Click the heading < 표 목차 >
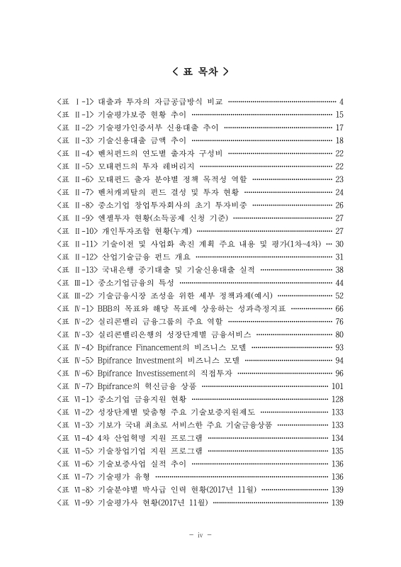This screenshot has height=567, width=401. (200, 71)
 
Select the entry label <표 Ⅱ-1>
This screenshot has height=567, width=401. (75, 115)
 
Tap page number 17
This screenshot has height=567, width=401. (339, 128)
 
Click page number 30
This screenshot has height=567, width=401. (339, 244)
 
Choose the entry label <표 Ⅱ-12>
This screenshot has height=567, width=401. (77, 257)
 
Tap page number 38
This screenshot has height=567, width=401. (339, 270)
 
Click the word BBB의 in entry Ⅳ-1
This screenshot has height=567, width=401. (108, 309)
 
